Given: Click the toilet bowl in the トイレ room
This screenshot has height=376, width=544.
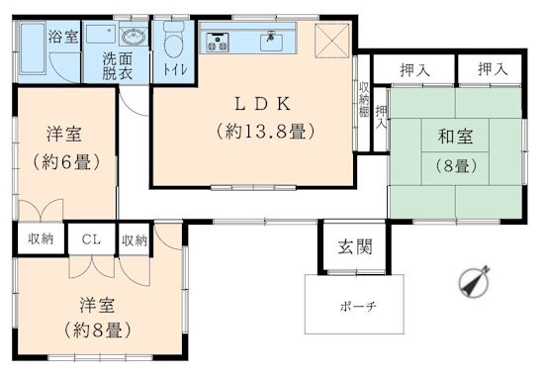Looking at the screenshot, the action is (173, 41).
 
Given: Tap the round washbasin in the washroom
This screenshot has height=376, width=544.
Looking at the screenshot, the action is (134, 36).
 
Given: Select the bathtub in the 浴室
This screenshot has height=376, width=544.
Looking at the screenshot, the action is (33, 47).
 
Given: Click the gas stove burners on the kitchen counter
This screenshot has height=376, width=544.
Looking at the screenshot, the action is (218, 42).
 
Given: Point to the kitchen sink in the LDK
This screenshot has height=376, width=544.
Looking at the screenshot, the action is (271, 42).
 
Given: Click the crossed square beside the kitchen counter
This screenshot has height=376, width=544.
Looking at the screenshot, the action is (331, 41).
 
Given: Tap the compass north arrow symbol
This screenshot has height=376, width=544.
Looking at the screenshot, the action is (474, 281).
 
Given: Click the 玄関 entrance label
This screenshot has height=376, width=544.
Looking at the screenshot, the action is (355, 247).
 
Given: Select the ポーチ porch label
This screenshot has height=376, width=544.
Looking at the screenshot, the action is (358, 307).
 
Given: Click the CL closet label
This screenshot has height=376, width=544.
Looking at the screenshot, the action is (91, 239).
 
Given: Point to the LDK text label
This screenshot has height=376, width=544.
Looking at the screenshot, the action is (263, 104).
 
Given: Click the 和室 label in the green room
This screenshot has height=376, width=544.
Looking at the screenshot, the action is (455, 137).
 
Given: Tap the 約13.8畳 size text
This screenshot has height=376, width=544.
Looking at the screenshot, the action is (266, 132).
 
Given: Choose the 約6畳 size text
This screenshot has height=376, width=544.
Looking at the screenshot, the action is (66, 162).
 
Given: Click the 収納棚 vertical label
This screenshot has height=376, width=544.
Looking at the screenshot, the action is (364, 100).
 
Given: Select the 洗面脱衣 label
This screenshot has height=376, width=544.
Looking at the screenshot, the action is (118, 66).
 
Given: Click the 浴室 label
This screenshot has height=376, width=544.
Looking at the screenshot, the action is (63, 37).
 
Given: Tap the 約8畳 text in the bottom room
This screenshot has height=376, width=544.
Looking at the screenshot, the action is (98, 329).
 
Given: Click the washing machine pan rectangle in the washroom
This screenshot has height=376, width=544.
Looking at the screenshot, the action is (101, 34).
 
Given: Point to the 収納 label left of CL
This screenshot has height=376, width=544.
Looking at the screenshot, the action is (41, 238).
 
